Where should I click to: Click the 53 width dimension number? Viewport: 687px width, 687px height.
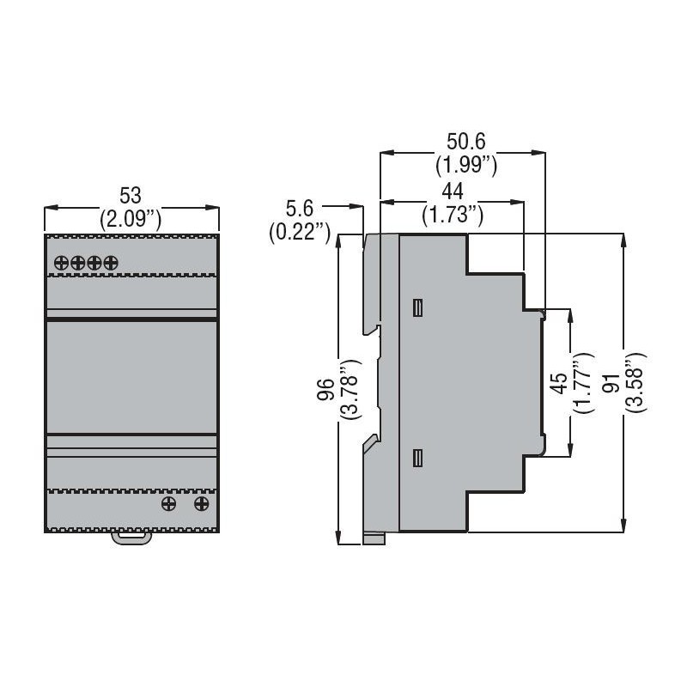[131, 196]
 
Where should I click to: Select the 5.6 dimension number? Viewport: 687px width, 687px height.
[299, 208]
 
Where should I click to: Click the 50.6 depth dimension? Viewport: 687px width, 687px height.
[465, 140]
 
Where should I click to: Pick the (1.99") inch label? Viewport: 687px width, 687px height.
[465, 163]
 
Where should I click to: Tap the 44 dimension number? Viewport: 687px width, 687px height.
[453, 191]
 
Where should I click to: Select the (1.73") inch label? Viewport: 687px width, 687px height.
[453, 214]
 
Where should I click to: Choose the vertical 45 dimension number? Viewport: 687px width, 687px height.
[558, 383]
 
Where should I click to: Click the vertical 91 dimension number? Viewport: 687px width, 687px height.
[611, 383]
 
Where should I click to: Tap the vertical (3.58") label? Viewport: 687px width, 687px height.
[635, 383]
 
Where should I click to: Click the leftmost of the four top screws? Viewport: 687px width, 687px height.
[62, 263]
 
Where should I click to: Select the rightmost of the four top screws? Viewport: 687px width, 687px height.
[110, 263]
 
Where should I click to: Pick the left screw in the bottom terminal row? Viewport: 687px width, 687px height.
[169, 503]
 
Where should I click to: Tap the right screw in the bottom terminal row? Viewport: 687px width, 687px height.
[202, 503]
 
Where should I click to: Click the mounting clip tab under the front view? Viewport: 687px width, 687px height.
[131, 538]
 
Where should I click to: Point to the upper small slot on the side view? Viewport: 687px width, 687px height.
[417, 307]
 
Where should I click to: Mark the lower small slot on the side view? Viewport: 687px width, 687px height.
[417, 459]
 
